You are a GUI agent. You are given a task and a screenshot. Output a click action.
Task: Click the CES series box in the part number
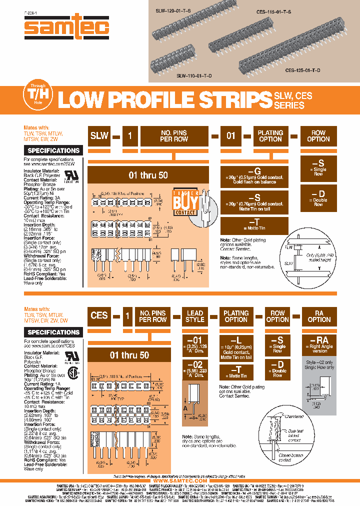click(99, 315)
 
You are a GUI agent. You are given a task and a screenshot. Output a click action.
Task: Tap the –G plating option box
click(254, 175)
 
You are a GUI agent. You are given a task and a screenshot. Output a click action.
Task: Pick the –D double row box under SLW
click(318, 197)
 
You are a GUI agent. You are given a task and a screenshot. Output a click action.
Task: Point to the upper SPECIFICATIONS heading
click(53, 150)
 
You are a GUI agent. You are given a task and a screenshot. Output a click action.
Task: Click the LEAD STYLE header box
click(195, 316)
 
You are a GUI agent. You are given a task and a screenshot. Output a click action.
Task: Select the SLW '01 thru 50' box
click(148, 175)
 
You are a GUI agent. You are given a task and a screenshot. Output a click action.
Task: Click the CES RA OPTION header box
click(319, 316)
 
